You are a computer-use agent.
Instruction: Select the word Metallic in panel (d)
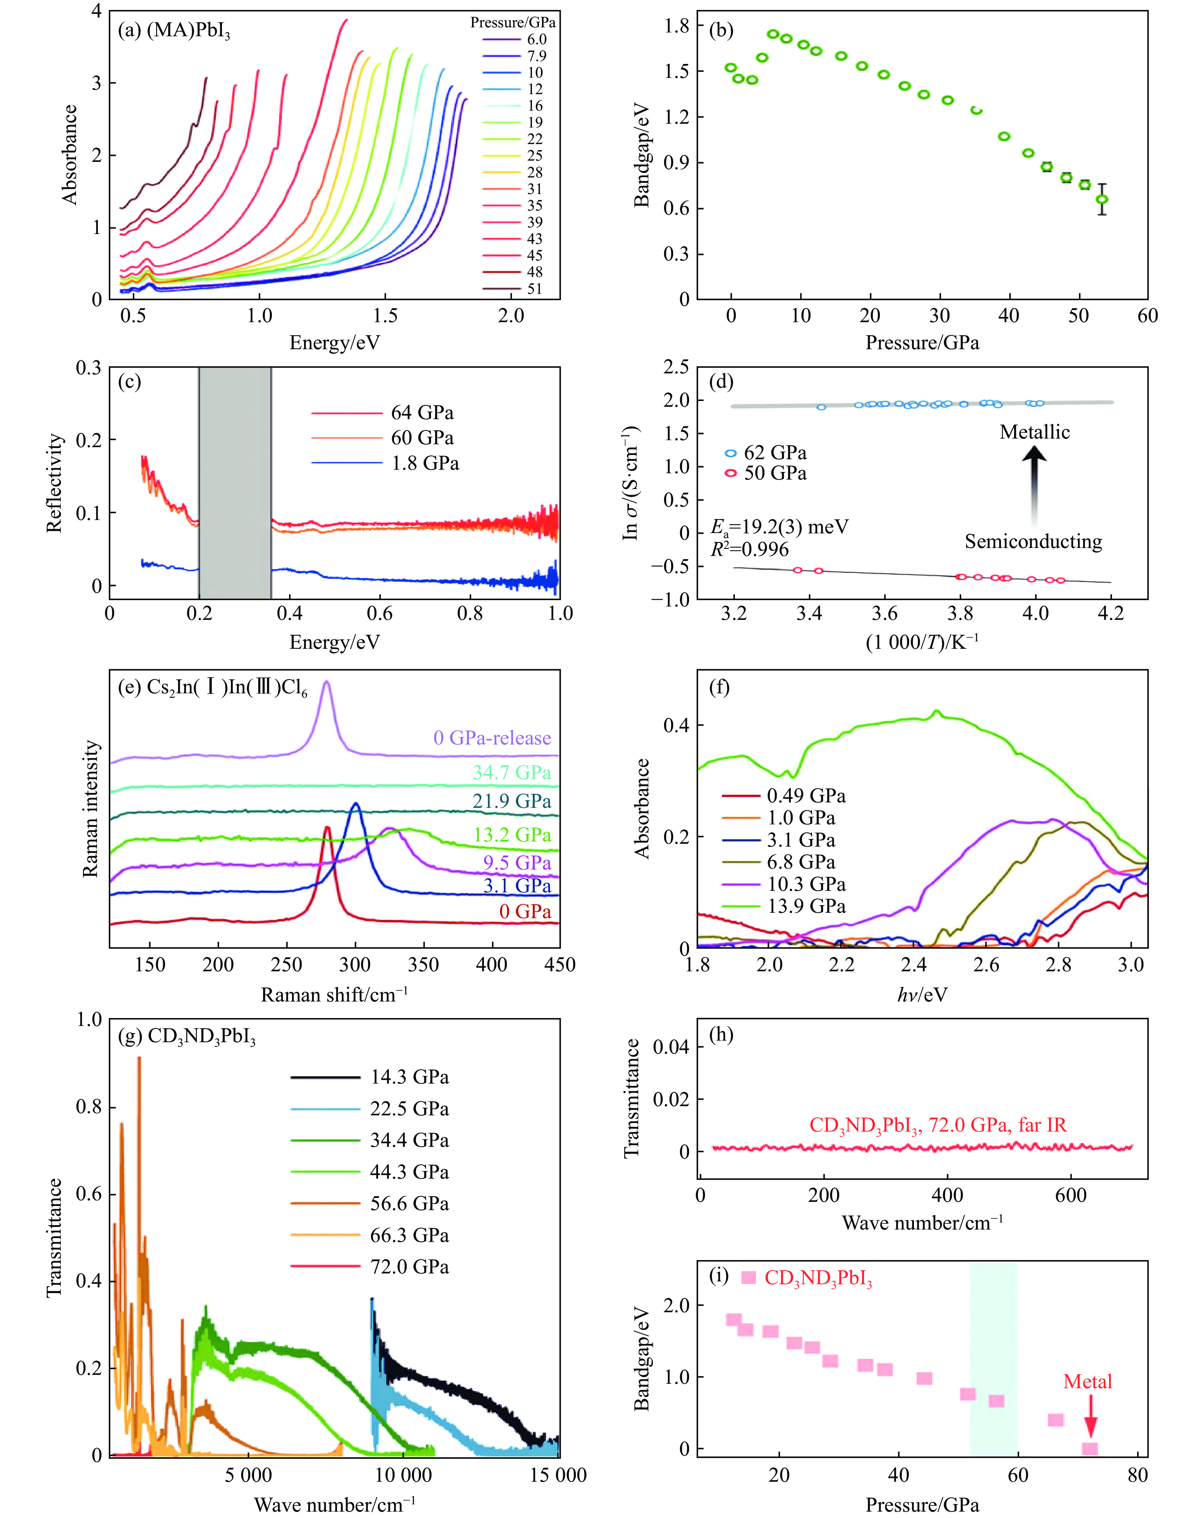(1034, 432)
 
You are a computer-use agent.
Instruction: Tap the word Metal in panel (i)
(1087, 1382)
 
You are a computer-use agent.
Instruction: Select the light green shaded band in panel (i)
(993, 1358)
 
